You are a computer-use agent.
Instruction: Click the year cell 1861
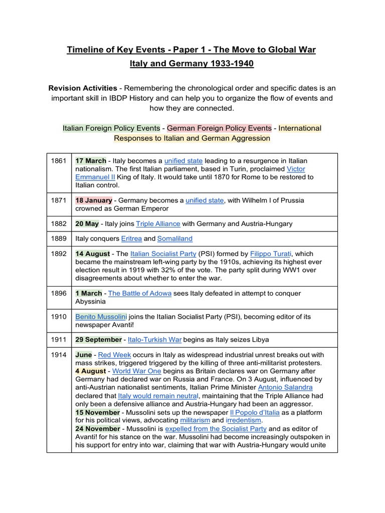pos(59,161)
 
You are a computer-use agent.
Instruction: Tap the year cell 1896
pos(59,293)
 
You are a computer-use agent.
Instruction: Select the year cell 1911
pos(59,339)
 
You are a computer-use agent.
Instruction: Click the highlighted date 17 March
pos(91,161)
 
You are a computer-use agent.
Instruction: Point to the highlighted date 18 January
pos(94,200)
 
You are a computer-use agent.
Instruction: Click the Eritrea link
pos(131,238)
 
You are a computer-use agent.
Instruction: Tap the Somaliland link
pos(175,238)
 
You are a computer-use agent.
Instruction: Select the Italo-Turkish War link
pos(154,339)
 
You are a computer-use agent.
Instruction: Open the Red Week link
pos(114,355)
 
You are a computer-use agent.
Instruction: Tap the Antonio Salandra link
pos(285,387)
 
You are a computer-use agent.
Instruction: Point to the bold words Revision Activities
pos(83,88)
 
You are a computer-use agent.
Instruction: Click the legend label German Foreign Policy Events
pos(219,128)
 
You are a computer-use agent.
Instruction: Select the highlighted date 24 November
pos(98,428)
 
